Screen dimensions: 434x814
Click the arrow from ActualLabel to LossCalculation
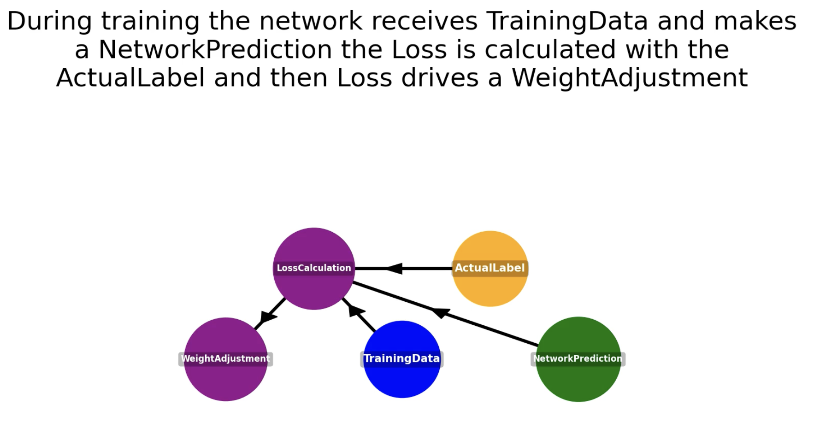pos(415,268)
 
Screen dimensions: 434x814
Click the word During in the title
pos(49,21)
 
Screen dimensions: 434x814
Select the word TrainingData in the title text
pos(567,21)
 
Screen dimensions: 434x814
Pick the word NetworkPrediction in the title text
pos(215,50)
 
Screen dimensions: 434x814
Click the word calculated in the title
pos(550,50)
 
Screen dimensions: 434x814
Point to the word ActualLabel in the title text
pos(130,78)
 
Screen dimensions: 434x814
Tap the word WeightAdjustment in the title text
pos(630,78)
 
